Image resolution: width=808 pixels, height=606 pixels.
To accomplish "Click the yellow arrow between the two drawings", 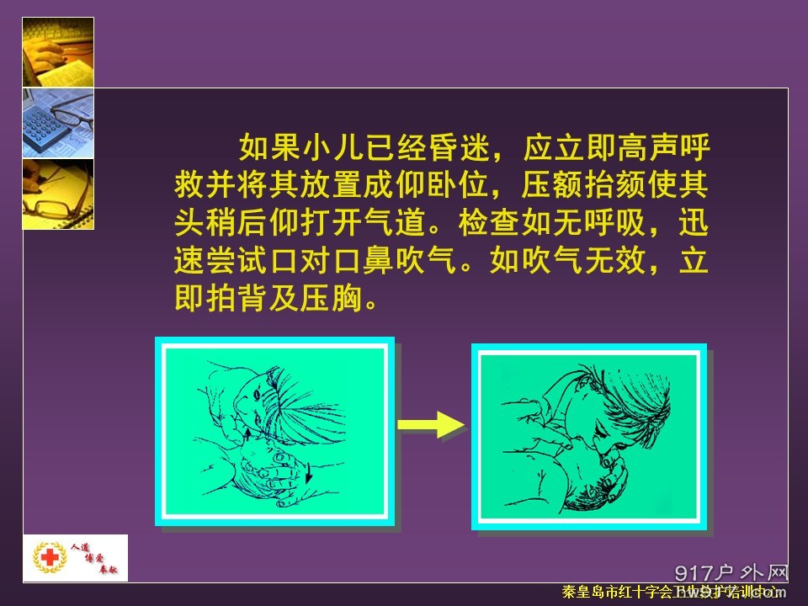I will click(x=429, y=424).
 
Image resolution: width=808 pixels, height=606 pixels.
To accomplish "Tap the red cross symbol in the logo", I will click(x=48, y=558).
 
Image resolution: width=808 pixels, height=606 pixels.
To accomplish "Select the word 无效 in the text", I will click(x=618, y=263).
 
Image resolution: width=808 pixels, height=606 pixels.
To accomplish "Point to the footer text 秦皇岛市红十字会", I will click(x=623, y=593).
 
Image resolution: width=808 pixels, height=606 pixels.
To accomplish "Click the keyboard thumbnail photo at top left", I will click(x=58, y=51).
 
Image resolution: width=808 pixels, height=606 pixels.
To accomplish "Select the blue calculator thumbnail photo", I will click(x=58, y=122).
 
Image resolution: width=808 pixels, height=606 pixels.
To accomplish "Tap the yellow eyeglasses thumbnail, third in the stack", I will click(x=58, y=194).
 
